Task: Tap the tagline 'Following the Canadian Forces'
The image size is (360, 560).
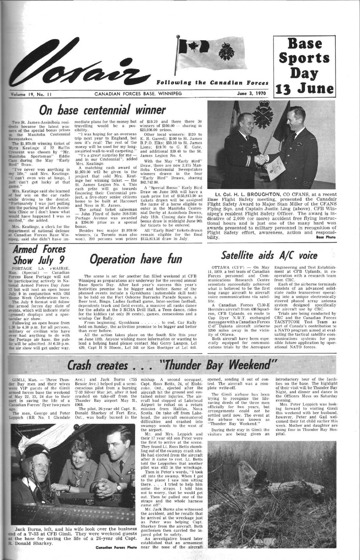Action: point(212,83)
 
